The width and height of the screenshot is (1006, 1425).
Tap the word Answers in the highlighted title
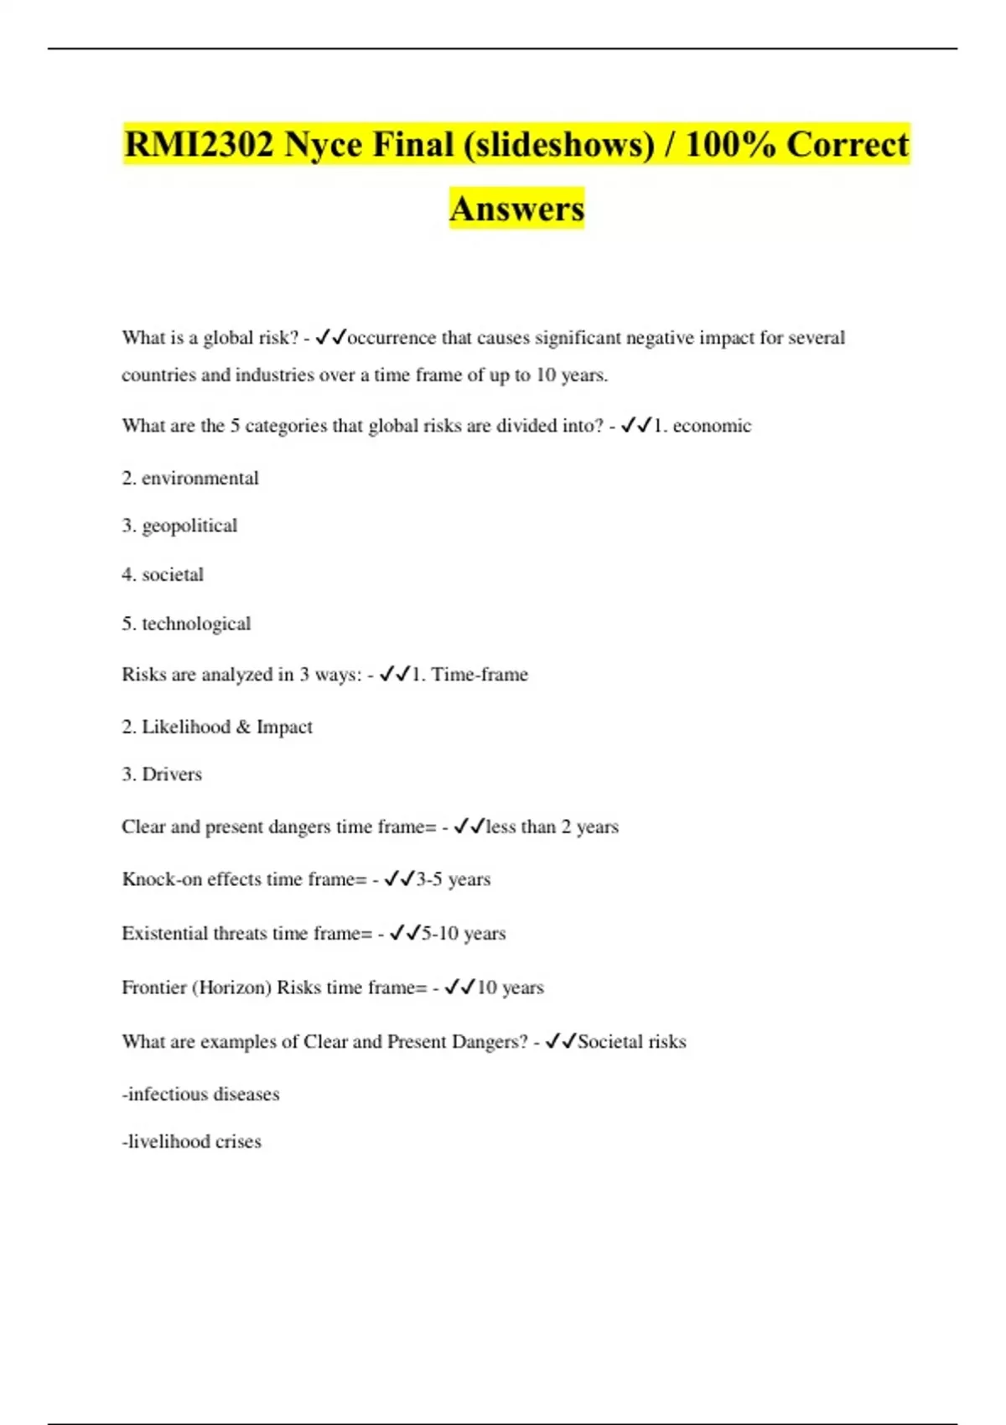tap(516, 208)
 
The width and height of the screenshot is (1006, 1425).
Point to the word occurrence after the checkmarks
tap(392, 338)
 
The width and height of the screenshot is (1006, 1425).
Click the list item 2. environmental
tap(190, 478)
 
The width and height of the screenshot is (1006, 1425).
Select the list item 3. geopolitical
tap(179, 526)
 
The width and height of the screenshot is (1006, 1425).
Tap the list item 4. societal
tap(163, 574)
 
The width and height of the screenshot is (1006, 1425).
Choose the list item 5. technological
tap(186, 624)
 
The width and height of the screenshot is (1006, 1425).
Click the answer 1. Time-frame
tap(469, 675)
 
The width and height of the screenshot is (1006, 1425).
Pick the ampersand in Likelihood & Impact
tap(243, 727)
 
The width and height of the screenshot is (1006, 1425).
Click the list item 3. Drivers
tap(162, 775)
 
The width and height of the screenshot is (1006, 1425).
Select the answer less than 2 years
tap(552, 826)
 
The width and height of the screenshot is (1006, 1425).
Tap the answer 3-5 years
tap(453, 879)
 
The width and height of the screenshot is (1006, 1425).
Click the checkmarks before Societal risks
tap(560, 1041)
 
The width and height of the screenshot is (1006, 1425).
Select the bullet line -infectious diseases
tap(200, 1094)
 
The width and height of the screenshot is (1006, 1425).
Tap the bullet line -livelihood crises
tap(191, 1142)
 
